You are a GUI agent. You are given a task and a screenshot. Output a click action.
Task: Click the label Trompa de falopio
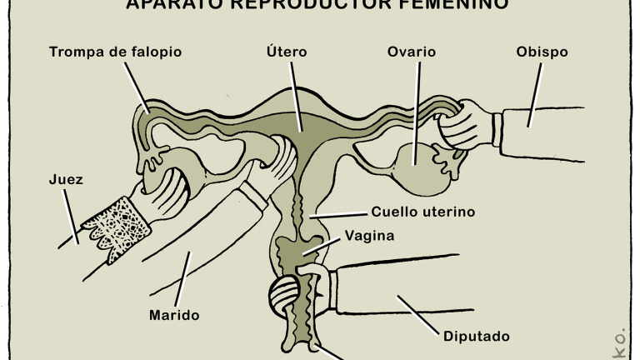point(115,52)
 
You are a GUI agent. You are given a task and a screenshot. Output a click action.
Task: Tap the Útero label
point(287,52)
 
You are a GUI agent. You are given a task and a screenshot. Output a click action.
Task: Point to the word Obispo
point(542,52)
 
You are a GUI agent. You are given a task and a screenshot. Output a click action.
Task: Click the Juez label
point(67,179)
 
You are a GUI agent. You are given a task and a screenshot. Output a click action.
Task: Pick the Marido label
point(174,316)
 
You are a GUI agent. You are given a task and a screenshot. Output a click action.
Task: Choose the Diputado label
point(477,337)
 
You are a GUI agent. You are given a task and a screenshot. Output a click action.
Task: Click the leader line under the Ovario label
point(417,108)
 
